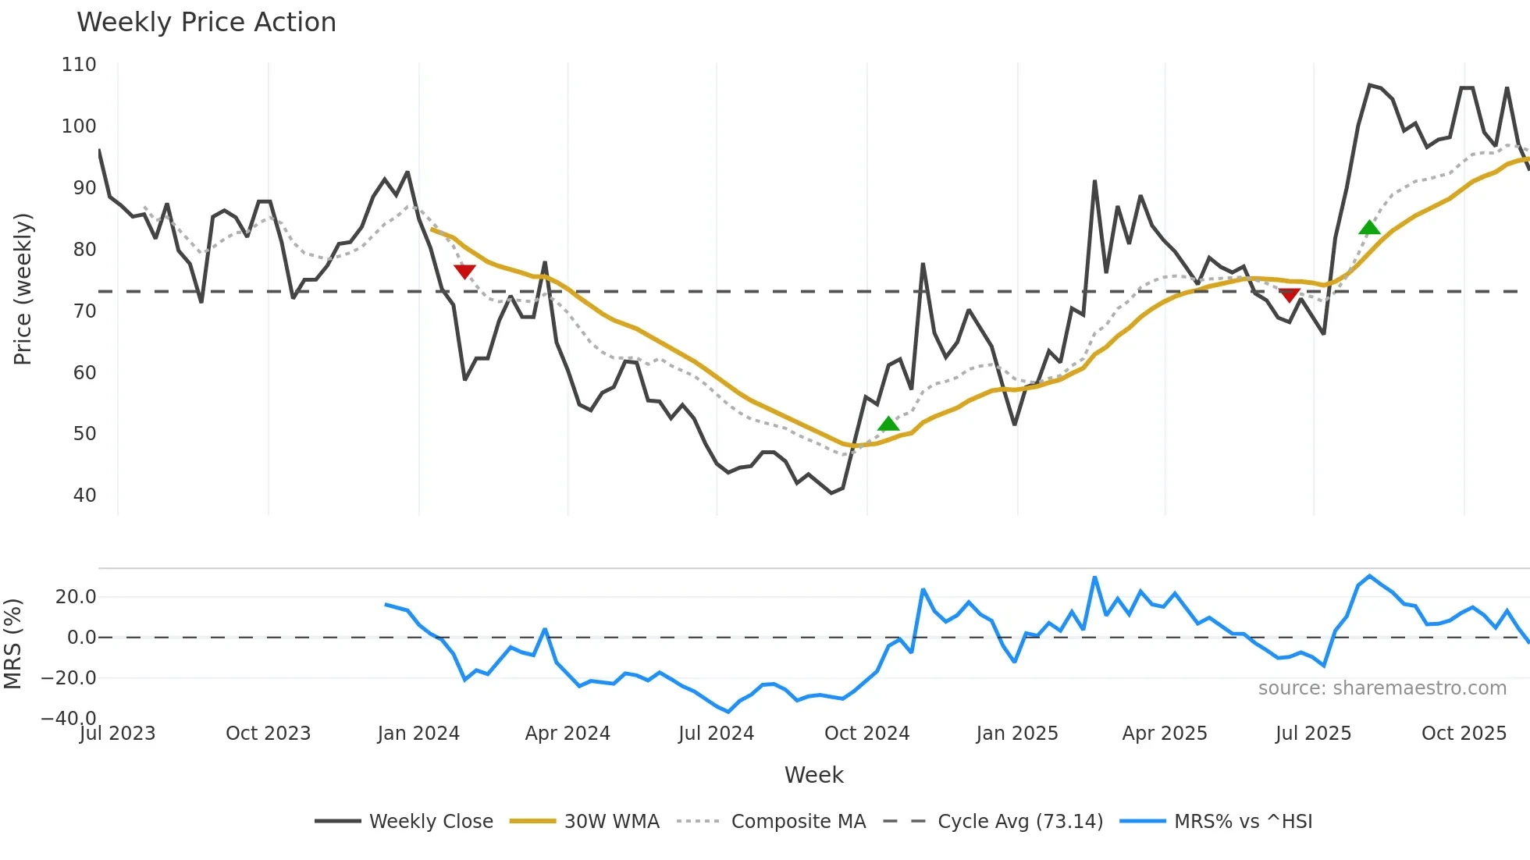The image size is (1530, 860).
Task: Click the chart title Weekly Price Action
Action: click(206, 23)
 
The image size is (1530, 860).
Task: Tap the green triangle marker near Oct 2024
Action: click(888, 424)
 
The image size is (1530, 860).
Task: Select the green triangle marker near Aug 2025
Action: click(1369, 228)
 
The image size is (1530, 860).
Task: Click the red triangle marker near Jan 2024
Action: click(464, 271)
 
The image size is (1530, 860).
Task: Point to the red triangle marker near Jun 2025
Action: click(1290, 294)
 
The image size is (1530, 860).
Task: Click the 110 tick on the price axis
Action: click(79, 65)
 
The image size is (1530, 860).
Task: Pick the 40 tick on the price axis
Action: click(84, 496)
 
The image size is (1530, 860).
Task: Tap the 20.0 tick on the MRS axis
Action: click(76, 597)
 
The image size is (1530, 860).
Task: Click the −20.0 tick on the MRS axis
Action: click(69, 678)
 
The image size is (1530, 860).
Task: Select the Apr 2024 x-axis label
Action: click(568, 734)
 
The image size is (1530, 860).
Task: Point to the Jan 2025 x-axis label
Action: click(1016, 734)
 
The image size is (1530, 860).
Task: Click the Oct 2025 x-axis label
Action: click(1464, 734)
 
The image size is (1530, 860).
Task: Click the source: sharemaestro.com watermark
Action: click(1382, 688)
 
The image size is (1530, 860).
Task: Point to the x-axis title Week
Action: click(813, 775)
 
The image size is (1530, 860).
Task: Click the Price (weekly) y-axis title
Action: click(23, 289)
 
